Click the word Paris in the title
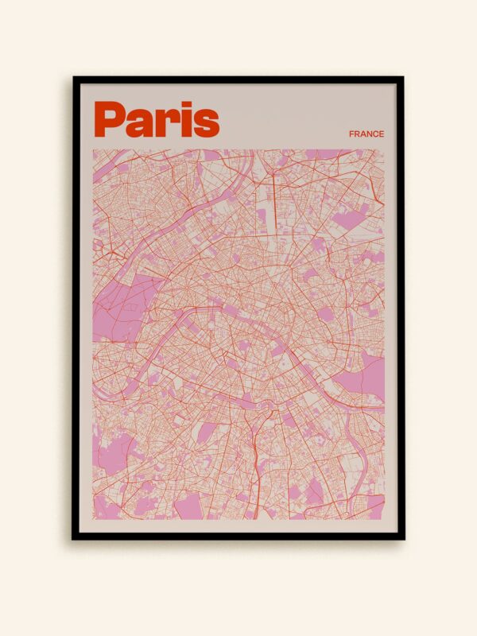click(157, 119)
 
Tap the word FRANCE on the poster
click(366, 134)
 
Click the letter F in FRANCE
click(351, 134)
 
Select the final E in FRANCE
click(382, 134)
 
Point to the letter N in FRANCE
click(369, 134)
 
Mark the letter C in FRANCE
click(375, 134)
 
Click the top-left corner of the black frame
click(74, 78)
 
